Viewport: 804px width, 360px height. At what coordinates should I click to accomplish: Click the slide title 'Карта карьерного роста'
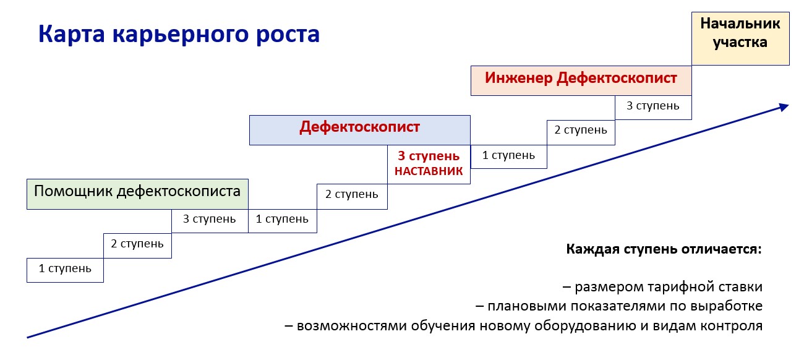179,35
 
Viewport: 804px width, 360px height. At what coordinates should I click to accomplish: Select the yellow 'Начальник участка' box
740,38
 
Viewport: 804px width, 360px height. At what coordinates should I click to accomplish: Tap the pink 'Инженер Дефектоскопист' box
581,80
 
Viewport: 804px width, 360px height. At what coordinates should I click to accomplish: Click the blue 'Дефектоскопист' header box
360,130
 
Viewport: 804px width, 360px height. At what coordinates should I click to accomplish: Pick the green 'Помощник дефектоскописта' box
137,194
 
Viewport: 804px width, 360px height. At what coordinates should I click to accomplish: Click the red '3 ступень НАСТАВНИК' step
429,165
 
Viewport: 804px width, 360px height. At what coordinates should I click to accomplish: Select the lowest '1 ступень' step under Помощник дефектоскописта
65,270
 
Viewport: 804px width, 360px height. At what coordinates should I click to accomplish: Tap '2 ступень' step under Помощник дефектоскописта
137,246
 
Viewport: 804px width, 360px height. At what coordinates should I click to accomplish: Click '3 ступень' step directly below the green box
210,221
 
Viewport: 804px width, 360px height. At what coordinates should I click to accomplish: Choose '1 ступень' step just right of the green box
283,221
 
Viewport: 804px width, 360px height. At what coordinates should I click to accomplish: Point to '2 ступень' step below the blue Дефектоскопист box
352,196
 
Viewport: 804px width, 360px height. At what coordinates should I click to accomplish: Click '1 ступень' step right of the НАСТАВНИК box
508,156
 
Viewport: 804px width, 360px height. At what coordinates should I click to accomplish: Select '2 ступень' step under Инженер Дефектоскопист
581,132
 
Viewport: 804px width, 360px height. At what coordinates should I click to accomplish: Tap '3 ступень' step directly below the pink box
653,107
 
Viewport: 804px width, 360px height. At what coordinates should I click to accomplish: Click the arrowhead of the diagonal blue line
784,107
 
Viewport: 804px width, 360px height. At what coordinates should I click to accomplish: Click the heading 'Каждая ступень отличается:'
664,249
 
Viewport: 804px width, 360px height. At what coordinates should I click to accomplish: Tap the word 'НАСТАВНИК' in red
429,171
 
